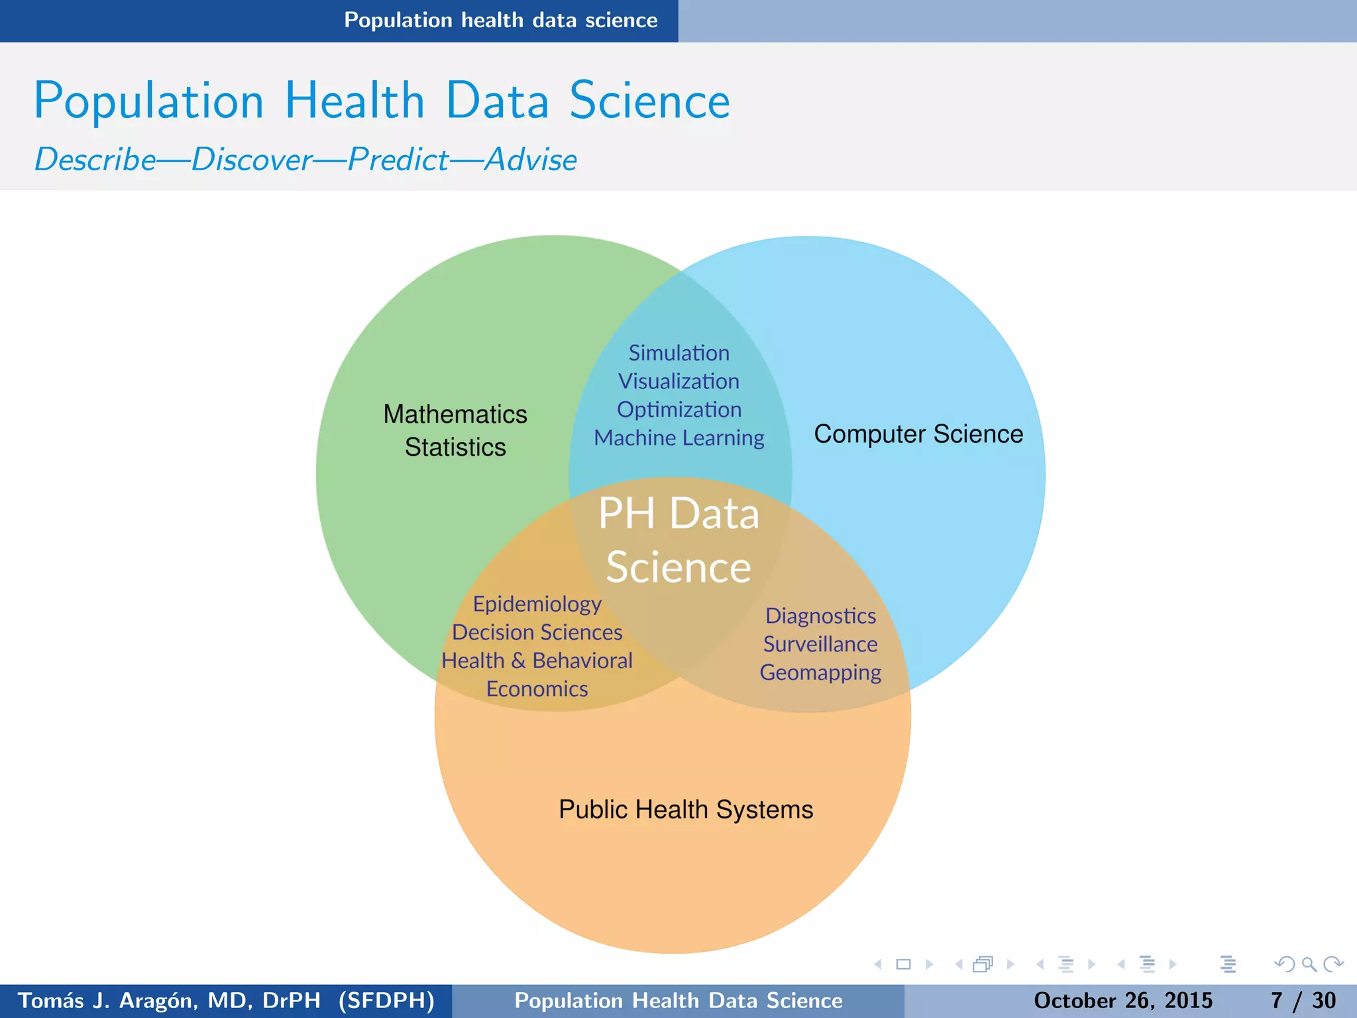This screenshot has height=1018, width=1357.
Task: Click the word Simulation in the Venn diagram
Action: [678, 353]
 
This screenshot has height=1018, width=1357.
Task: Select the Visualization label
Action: [678, 381]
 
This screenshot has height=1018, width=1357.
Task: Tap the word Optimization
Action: [678, 410]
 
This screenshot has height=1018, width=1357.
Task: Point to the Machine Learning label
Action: [678, 438]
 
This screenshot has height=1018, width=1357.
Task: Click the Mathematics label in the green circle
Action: [455, 414]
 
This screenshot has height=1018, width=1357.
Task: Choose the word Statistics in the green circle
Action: [455, 447]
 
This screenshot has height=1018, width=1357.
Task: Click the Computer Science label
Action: [918, 434]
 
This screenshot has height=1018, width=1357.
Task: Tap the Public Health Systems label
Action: [686, 809]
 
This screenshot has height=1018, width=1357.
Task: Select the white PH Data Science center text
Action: [678, 540]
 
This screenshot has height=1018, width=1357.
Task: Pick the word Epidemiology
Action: [537, 604]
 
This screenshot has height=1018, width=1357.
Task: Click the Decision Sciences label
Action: [537, 632]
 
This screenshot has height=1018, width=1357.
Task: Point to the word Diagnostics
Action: [820, 616]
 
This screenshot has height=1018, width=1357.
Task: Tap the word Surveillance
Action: [820, 644]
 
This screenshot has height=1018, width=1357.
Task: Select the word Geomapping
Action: [820, 673]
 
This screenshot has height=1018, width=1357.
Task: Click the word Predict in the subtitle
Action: [398, 160]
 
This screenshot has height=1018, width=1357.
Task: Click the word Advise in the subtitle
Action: [531, 160]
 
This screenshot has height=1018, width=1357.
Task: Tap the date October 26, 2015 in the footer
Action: [1122, 1000]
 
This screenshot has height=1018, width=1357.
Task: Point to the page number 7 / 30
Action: [1303, 1000]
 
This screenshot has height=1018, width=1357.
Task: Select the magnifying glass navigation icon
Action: [1309, 964]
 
